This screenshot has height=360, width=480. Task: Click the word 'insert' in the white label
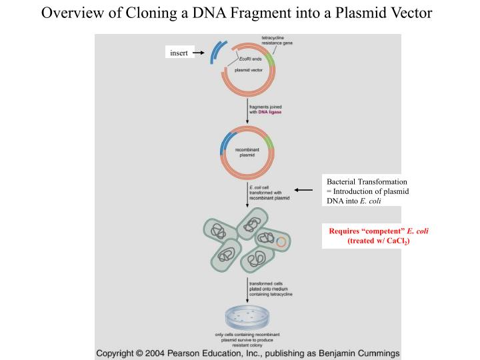tap(179, 53)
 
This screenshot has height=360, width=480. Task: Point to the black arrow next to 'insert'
tap(198, 53)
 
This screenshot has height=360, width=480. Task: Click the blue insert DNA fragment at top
tap(215, 53)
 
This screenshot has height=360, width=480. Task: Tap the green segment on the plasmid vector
tap(269, 57)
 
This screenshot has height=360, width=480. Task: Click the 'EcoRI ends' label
tap(251, 59)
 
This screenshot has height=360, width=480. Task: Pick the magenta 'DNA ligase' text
tap(270, 113)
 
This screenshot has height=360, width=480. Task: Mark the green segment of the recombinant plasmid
tap(269, 141)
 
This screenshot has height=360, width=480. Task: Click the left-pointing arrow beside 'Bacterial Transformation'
tap(303, 190)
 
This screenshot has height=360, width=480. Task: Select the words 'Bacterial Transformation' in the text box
tap(366, 181)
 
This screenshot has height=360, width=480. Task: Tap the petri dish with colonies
tap(247, 316)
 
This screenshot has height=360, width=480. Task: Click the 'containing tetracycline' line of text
tap(270, 293)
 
